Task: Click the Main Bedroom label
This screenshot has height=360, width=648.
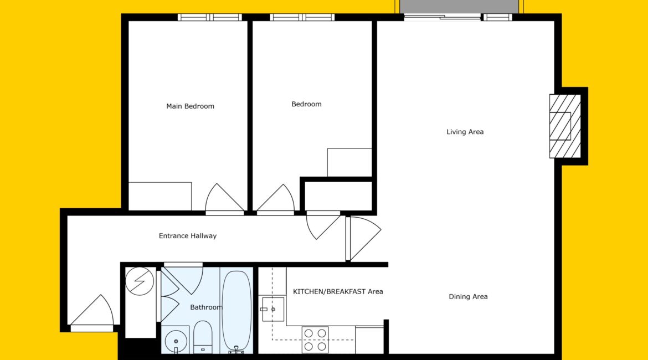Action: pos(190,106)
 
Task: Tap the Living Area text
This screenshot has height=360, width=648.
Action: pos(465,132)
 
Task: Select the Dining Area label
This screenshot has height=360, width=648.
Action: pos(468,296)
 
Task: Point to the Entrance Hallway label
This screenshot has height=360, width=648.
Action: pos(188,236)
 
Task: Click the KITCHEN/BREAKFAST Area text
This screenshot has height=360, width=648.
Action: pos(338,291)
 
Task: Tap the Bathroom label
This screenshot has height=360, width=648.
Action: pos(206,307)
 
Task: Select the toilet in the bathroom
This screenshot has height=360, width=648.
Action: pos(203,337)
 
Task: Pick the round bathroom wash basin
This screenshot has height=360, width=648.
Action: pos(176,341)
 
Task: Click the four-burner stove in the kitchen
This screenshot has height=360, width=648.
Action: pos(315,340)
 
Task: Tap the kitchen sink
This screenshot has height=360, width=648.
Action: pos(273,309)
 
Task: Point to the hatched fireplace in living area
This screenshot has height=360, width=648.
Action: pos(565,126)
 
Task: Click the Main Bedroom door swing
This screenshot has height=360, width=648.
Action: pos(224,198)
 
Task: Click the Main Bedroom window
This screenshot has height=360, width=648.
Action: pos(210,17)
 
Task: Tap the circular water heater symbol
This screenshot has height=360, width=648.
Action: pos(139,281)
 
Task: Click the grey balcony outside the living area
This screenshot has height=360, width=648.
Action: pos(459,7)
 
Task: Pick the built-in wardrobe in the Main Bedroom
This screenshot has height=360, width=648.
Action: pos(160,196)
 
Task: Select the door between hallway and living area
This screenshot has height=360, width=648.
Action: pos(364,239)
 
